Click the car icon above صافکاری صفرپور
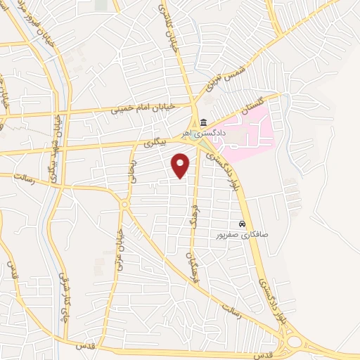pyautogui.click(x=242, y=223)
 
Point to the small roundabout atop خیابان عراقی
pyautogui.click(x=125, y=205)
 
